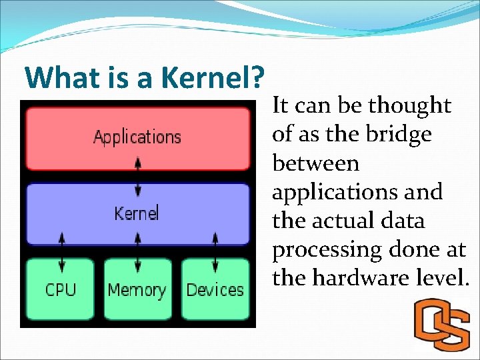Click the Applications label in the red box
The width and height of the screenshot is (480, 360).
pos(137,137)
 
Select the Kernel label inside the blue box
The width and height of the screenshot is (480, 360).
pos(137,213)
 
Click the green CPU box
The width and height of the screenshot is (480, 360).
pos(61,289)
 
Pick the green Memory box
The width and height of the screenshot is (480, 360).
pos(137,289)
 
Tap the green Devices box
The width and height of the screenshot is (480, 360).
pos(215,289)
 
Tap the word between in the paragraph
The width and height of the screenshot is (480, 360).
pos(316,163)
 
